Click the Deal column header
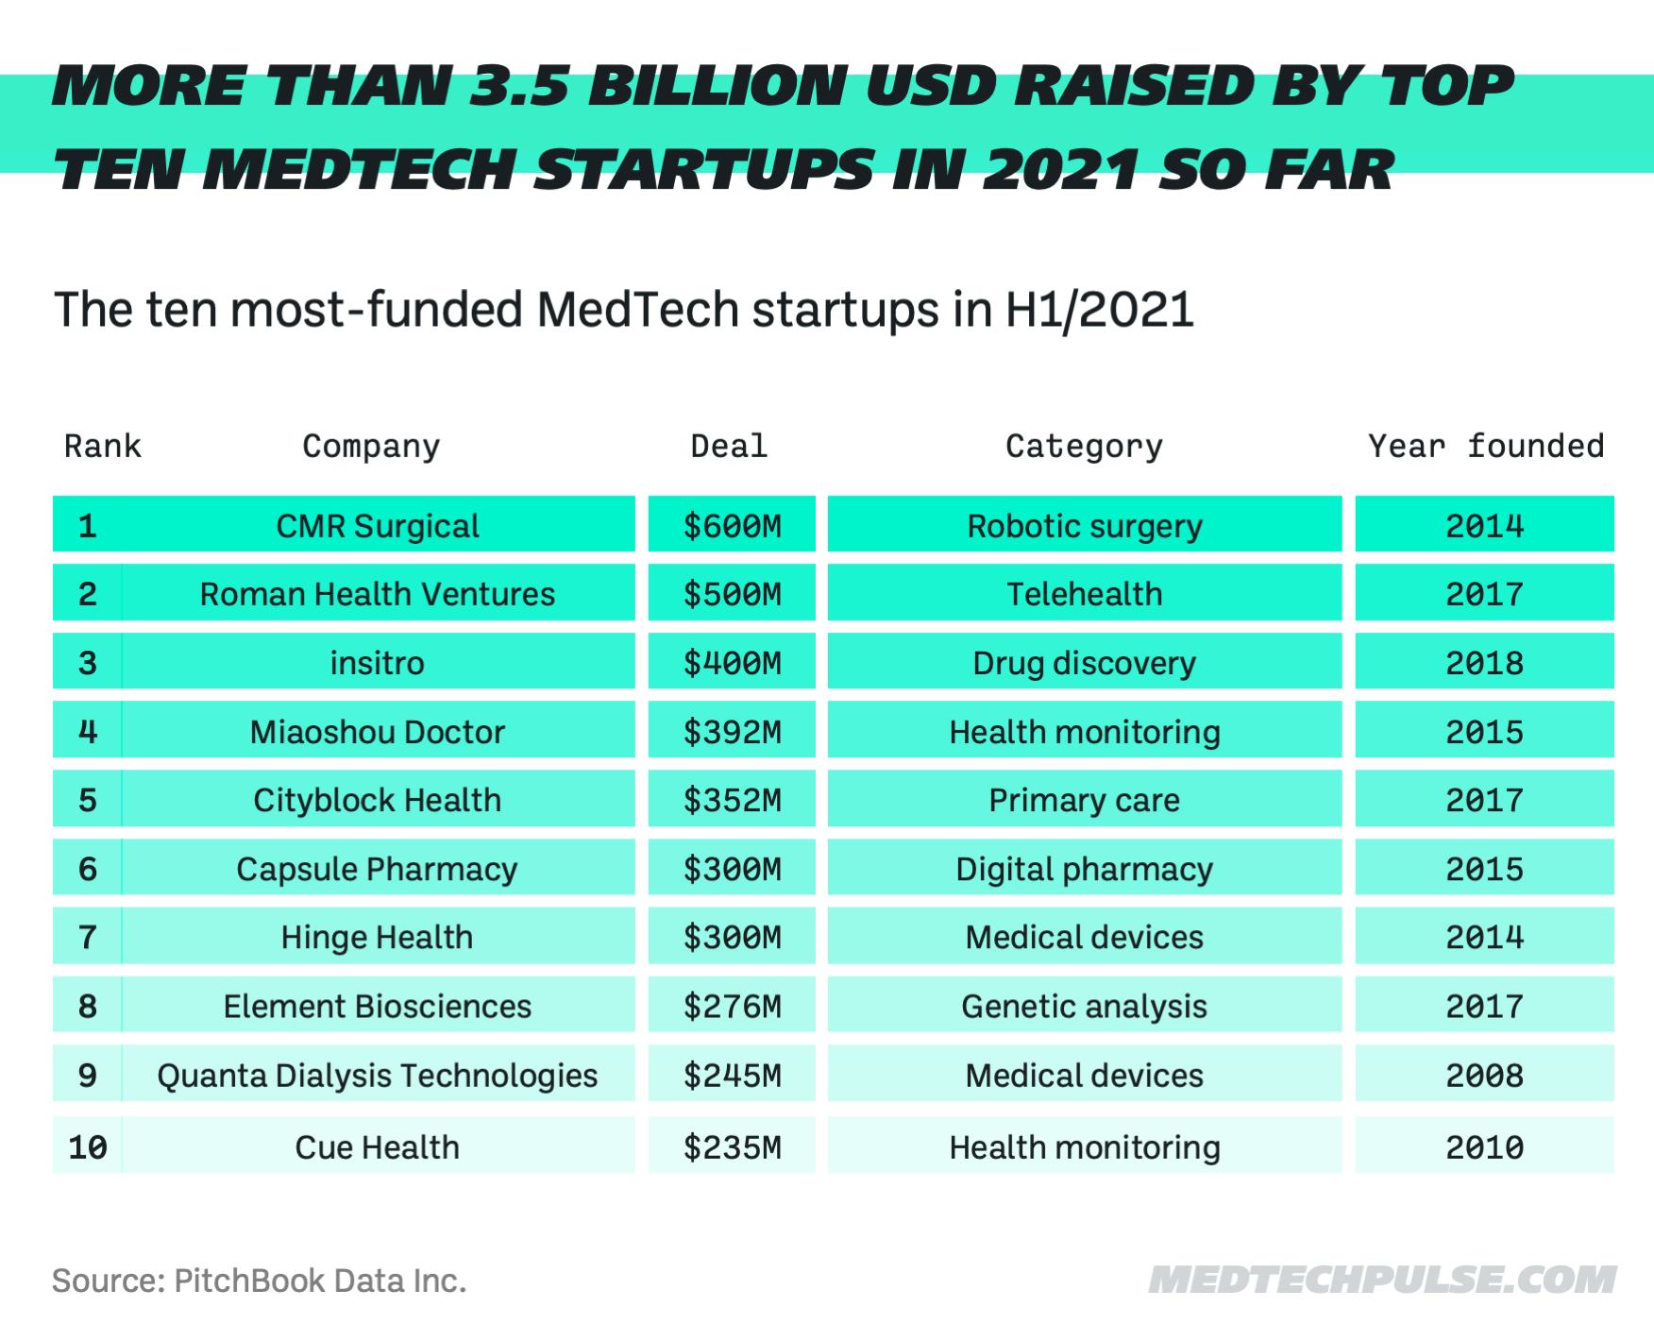[x=729, y=446]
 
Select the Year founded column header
[x=1486, y=446]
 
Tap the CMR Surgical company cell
[x=377, y=525]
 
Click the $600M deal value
[x=732, y=525]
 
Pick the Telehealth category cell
[x=1084, y=594]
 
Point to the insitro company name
[x=377, y=663]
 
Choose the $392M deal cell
[x=732, y=732]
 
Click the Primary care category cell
[x=1084, y=800]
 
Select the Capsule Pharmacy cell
[x=377, y=869]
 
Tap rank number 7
[x=87, y=938]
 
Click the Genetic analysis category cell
[x=1084, y=1006]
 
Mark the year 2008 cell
[x=1484, y=1075]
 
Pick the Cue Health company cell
[x=377, y=1146]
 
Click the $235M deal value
[x=732, y=1146]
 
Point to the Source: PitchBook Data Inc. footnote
[x=259, y=1281]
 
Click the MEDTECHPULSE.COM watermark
[x=1382, y=1281]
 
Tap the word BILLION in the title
[x=717, y=87]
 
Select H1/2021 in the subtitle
[x=1100, y=310]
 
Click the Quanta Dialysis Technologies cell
[x=377, y=1075]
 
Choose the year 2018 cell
[x=1484, y=663]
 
